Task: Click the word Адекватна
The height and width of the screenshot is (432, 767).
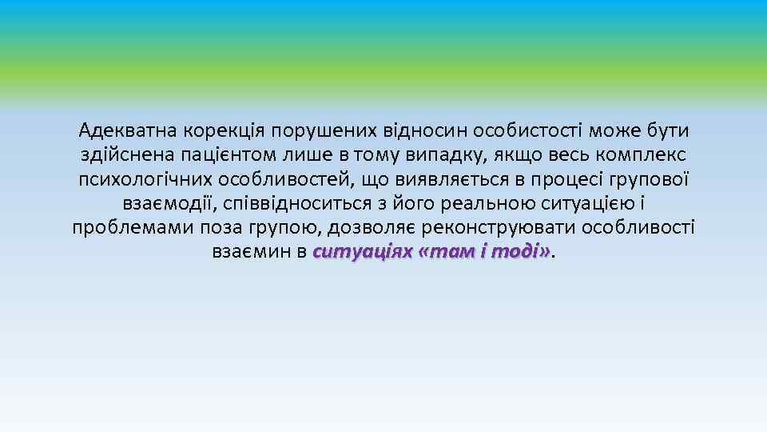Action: coord(128,130)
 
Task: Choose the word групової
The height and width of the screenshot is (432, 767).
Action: coord(639,179)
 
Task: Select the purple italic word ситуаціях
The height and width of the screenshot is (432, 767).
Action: coord(364,253)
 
